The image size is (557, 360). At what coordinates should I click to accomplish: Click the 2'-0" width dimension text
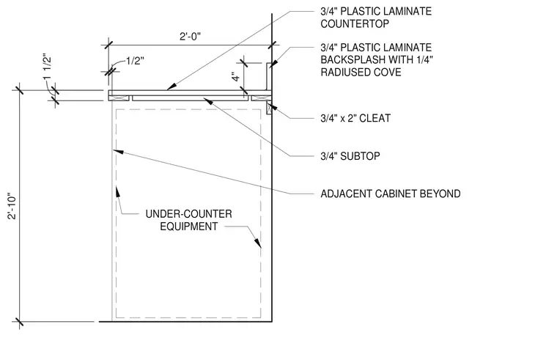190,37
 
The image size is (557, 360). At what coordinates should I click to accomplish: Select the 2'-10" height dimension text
12,206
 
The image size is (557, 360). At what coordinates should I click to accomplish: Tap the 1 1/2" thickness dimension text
47,67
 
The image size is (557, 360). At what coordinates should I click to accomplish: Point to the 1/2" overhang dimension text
135,61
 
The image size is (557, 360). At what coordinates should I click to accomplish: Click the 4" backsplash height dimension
236,77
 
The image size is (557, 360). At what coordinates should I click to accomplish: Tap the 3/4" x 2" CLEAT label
355,118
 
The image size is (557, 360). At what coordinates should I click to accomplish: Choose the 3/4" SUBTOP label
350,156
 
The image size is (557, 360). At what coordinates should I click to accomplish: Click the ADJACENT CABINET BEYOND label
391,194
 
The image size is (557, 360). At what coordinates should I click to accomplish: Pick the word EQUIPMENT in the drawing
188,227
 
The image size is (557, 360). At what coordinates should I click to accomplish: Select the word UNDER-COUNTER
188,214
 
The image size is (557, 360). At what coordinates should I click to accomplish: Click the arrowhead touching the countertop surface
171,87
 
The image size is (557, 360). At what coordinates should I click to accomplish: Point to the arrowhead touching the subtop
208,101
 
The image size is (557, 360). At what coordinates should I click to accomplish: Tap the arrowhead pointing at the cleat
273,106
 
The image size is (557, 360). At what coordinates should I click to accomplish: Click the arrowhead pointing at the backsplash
273,64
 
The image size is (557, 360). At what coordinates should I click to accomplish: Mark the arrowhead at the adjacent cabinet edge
118,152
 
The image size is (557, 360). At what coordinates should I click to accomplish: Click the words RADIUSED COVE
361,72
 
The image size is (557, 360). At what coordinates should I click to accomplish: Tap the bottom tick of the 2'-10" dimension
19,322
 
